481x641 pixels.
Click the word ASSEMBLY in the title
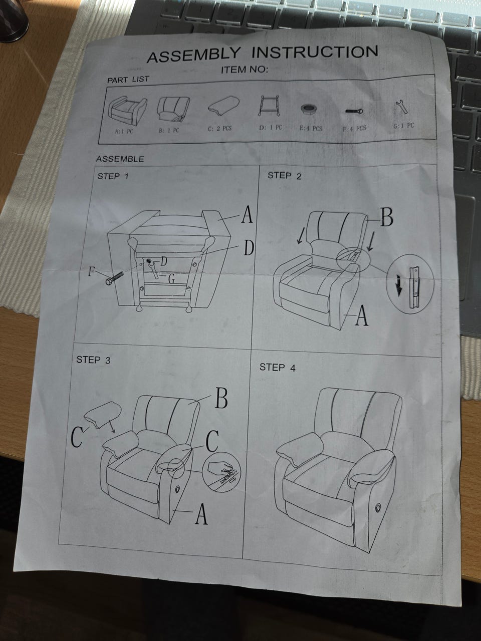click(x=193, y=55)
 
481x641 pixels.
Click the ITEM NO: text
click(x=244, y=70)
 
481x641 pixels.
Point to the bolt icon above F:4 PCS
click(x=354, y=111)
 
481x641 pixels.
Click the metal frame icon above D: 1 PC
click(x=269, y=106)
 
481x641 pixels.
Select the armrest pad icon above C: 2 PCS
click(x=223, y=104)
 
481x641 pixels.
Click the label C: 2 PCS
click(x=219, y=129)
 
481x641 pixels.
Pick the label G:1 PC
click(x=404, y=126)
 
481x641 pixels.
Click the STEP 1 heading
click(x=113, y=176)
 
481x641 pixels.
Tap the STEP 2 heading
click(x=284, y=176)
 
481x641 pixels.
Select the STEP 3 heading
click(x=94, y=360)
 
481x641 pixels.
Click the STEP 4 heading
click(x=278, y=368)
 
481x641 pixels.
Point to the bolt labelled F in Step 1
click(x=114, y=278)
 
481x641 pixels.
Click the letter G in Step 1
click(x=172, y=279)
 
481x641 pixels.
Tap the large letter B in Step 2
click(x=387, y=218)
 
